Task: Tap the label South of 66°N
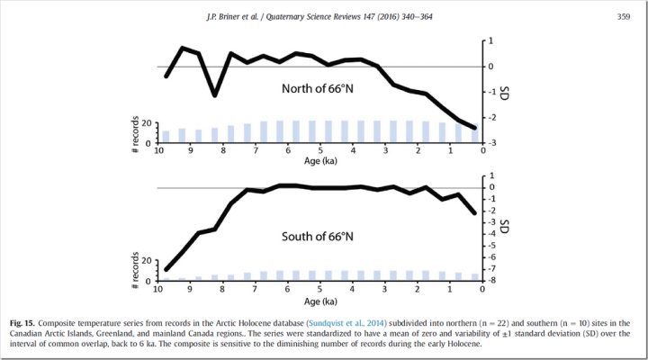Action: click(310, 238)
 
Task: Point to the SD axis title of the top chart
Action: click(505, 93)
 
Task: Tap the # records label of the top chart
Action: click(134, 131)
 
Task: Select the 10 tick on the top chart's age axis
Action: click(158, 151)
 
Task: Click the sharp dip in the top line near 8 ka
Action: click(214, 94)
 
